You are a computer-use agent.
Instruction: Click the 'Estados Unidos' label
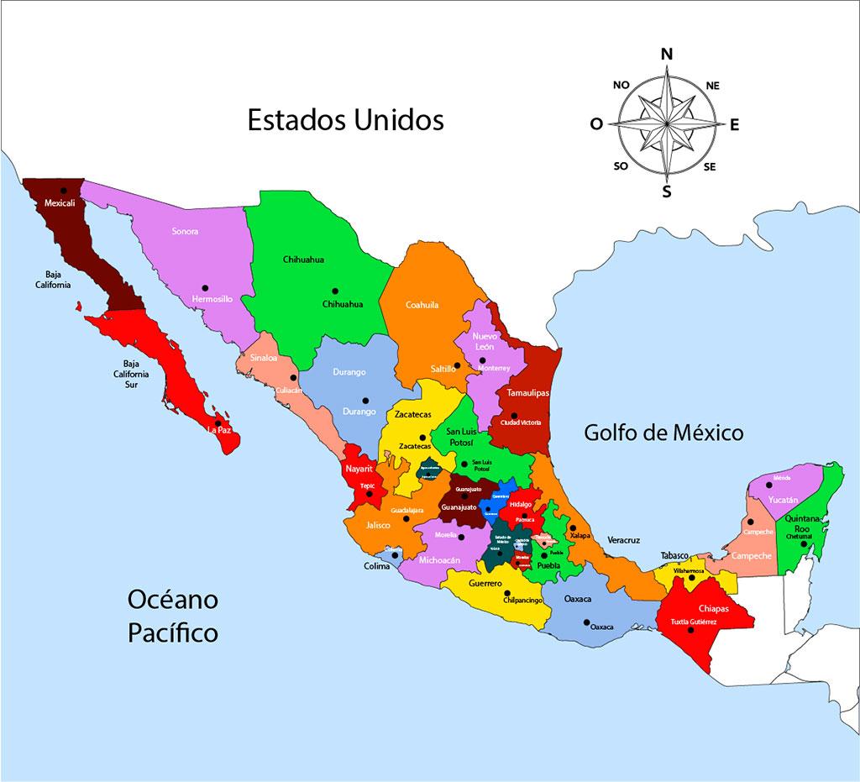[345, 120]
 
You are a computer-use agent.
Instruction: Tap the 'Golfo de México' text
[663, 433]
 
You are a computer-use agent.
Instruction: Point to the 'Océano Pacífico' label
[173, 616]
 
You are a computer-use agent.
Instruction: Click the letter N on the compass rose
[667, 54]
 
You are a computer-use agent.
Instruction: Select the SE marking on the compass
[710, 166]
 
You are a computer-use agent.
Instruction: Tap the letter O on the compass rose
[596, 124]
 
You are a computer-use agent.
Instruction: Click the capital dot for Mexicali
[63, 191]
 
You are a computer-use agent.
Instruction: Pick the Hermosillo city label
[212, 299]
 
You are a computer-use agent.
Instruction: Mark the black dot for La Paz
[218, 423]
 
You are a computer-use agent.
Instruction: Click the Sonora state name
[185, 231]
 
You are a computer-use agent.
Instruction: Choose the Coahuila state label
[422, 305]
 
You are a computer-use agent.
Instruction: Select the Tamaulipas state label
[527, 393]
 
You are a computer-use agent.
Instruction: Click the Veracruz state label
[624, 539]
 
